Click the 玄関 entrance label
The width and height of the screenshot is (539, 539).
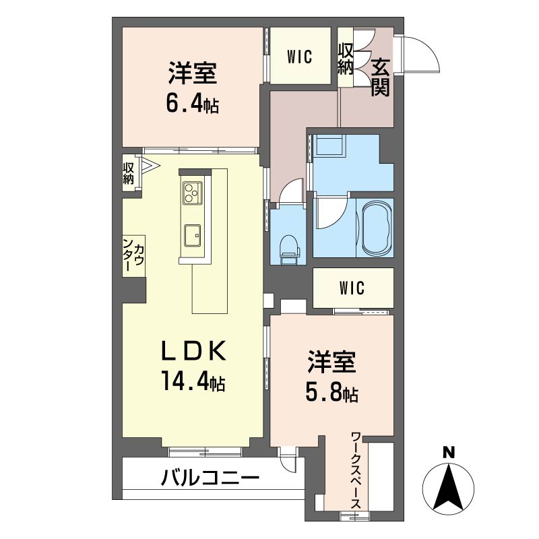380,77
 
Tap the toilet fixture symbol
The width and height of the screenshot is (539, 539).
290,249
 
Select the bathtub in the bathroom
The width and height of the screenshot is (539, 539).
375,228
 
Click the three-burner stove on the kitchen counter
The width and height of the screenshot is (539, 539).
193,193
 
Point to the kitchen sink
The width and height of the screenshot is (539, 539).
193,235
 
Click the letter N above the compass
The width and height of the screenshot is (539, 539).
448,452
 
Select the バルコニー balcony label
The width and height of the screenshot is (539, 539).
210,478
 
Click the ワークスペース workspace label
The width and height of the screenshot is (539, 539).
356,470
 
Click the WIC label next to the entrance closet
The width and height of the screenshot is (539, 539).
300,57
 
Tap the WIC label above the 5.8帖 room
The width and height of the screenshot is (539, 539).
352,288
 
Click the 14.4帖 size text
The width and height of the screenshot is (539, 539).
193,381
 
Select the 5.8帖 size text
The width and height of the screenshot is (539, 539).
332,393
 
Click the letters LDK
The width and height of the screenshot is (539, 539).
194,350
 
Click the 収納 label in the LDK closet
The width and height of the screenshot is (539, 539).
129,173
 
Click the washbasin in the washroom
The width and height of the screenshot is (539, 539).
330,145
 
